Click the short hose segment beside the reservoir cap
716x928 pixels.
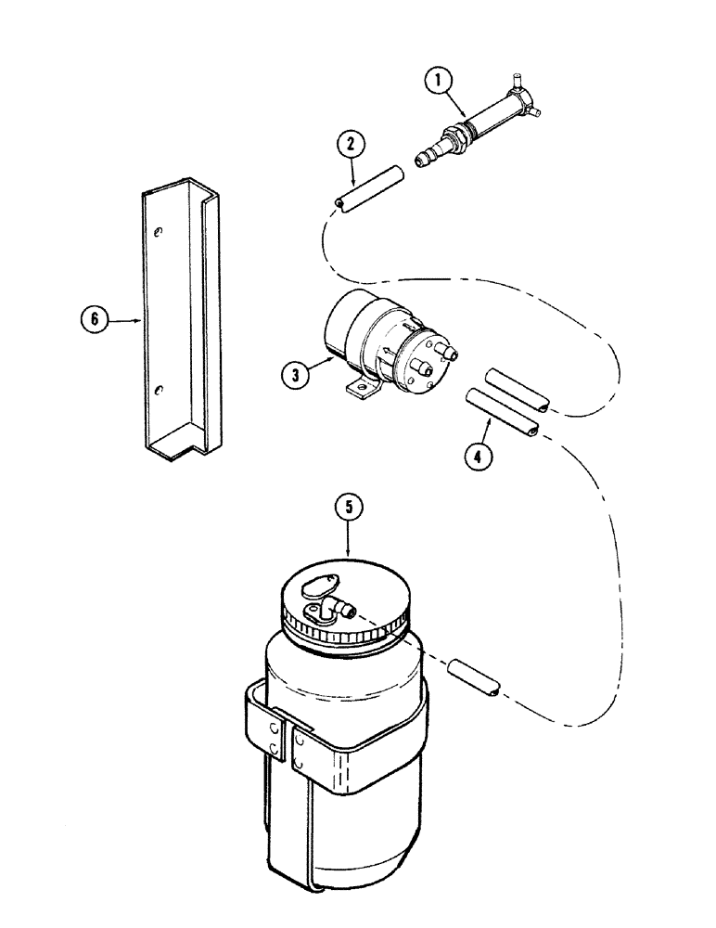coord(475,678)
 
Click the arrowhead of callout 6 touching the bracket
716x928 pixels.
coord(139,320)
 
